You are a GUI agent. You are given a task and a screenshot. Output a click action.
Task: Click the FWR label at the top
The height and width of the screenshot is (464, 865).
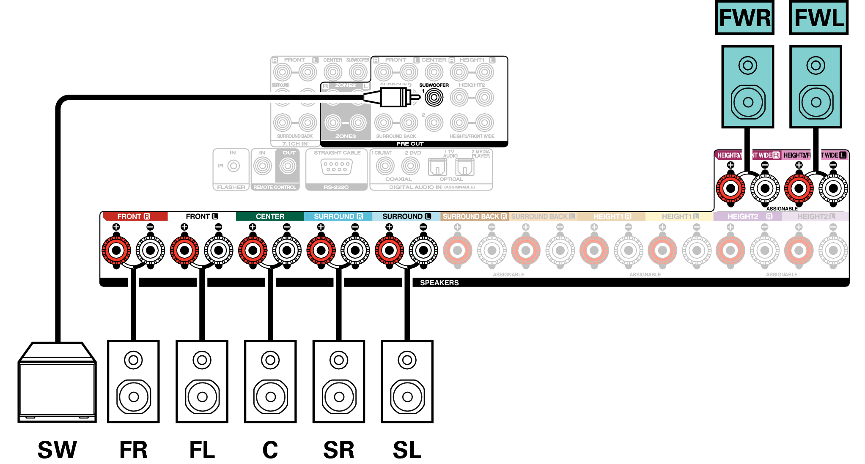click(x=745, y=18)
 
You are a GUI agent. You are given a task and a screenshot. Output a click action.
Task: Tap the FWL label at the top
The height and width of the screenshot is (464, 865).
click(x=819, y=18)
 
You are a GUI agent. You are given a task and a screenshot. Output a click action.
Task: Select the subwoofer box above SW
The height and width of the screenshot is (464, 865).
click(x=57, y=383)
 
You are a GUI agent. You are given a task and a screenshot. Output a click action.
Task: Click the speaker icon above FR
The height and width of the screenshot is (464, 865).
click(x=134, y=382)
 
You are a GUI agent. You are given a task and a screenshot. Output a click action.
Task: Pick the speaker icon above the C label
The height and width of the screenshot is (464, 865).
click(x=270, y=382)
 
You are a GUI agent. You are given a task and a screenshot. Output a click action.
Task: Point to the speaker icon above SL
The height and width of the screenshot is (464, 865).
click(x=407, y=382)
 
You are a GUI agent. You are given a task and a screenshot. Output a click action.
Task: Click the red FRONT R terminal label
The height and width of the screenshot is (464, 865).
click(x=134, y=216)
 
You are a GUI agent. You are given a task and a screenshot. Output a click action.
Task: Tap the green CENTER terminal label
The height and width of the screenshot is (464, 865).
click(x=270, y=216)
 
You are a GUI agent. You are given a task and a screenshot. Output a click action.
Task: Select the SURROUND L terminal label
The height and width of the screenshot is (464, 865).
click(x=406, y=216)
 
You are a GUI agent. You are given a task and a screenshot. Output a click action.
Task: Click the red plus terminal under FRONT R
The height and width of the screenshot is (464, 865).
click(x=116, y=250)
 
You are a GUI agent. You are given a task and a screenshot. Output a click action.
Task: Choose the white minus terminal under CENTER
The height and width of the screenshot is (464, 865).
click(x=287, y=250)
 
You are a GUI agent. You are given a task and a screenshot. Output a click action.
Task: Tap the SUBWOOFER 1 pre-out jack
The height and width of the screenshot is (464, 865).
click(x=434, y=98)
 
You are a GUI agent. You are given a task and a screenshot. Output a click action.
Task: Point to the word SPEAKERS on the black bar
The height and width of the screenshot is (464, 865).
click(x=439, y=283)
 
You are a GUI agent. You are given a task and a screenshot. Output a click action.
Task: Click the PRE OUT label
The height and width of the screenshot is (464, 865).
click(x=409, y=144)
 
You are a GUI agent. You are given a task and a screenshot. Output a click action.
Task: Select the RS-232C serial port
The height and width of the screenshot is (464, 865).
click(x=336, y=166)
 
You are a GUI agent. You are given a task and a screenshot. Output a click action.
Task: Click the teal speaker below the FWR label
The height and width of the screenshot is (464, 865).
click(x=748, y=87)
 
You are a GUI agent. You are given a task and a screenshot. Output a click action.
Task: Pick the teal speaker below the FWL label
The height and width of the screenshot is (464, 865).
click(x=816, y=87)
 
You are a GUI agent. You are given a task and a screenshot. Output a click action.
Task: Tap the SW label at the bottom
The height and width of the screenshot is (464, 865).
click(x=57, y=450)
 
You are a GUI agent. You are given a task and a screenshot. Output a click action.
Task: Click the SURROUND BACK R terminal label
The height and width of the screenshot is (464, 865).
click(x=474, y=216)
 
